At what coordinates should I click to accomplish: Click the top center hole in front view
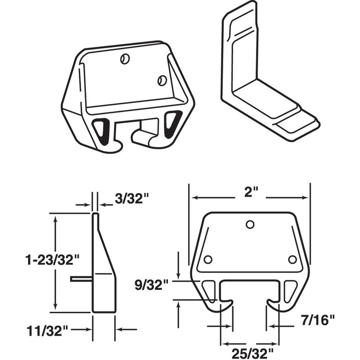[250, 225]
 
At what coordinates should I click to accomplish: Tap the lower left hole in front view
[207, 260]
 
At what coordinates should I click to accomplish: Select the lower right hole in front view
[292, 260]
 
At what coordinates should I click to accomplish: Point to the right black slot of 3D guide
[172, 124]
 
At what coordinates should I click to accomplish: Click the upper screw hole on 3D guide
[126, 59]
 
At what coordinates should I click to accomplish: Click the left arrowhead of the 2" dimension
[192, 197]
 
